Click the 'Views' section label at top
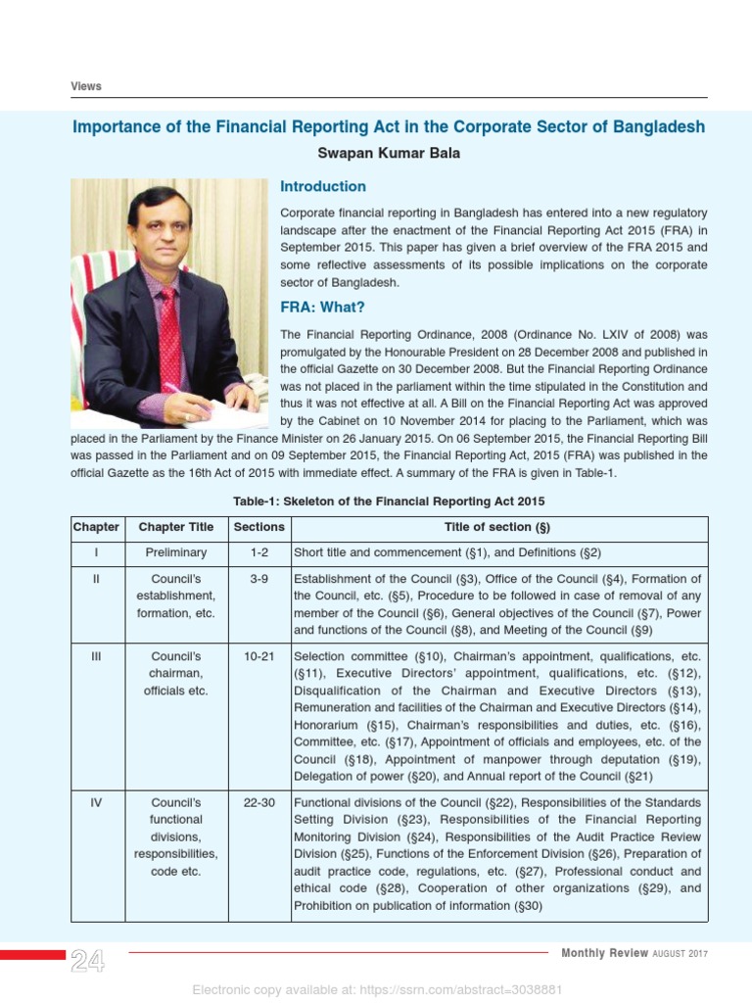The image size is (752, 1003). coord(86,86)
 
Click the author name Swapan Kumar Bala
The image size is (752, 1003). coord(389,154)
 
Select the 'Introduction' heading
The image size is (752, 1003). coord(323,186)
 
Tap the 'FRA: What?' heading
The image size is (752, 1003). coord(322,308)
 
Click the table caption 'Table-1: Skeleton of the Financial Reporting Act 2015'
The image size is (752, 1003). coord(389,501)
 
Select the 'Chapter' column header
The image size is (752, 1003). coord(97,527)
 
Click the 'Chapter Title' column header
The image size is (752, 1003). coord(176,527)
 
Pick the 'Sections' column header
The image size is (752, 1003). coord(258,527)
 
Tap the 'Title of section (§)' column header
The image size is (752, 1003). coord(497,527)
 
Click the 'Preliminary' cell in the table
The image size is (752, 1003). coord(176,553)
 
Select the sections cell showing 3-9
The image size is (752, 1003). coord(258,580)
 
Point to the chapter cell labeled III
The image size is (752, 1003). coord(97,656)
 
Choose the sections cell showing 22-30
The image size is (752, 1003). coord(258,803)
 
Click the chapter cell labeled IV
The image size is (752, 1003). coord(97,803)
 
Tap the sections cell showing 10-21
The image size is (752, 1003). coord(258,656)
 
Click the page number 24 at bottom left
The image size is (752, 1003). coord(88,962)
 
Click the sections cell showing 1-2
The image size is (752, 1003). coord(258,553)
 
